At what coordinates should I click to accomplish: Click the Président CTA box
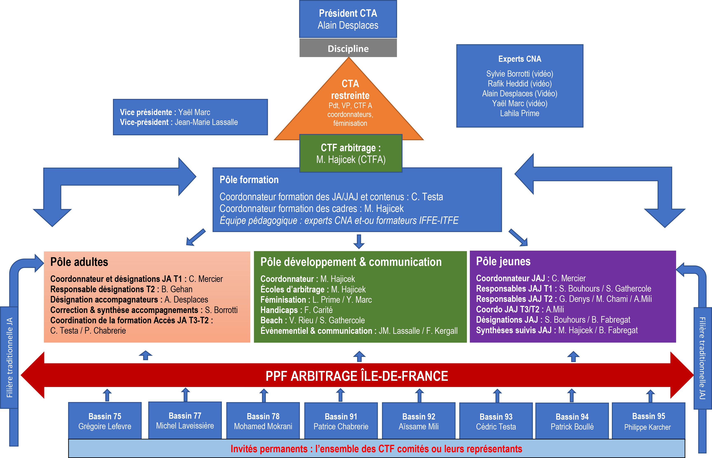pos(348,19)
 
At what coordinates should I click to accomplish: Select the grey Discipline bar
pos(348,48)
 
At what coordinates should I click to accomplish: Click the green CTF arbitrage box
pos(351,153)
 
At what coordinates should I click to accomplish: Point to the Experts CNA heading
pos(520,59)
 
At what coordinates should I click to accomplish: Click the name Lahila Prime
pos(520,113)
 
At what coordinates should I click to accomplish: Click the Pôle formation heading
pos(249,180)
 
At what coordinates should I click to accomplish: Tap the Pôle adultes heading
pos(79,262)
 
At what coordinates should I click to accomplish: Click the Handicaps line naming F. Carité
pos(296,310)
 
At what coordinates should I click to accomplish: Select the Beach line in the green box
pos(312,320)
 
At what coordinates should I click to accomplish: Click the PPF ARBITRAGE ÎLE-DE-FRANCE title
pos(357,376)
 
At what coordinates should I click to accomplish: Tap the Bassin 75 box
pos(105,421)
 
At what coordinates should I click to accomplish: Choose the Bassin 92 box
pos(418,421)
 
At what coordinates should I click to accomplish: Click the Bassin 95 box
pos(648,421)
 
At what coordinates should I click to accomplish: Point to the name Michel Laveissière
pos(185,426)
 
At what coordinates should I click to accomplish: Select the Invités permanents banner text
pos(376,449)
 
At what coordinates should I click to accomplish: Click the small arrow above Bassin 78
pos(264,395)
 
